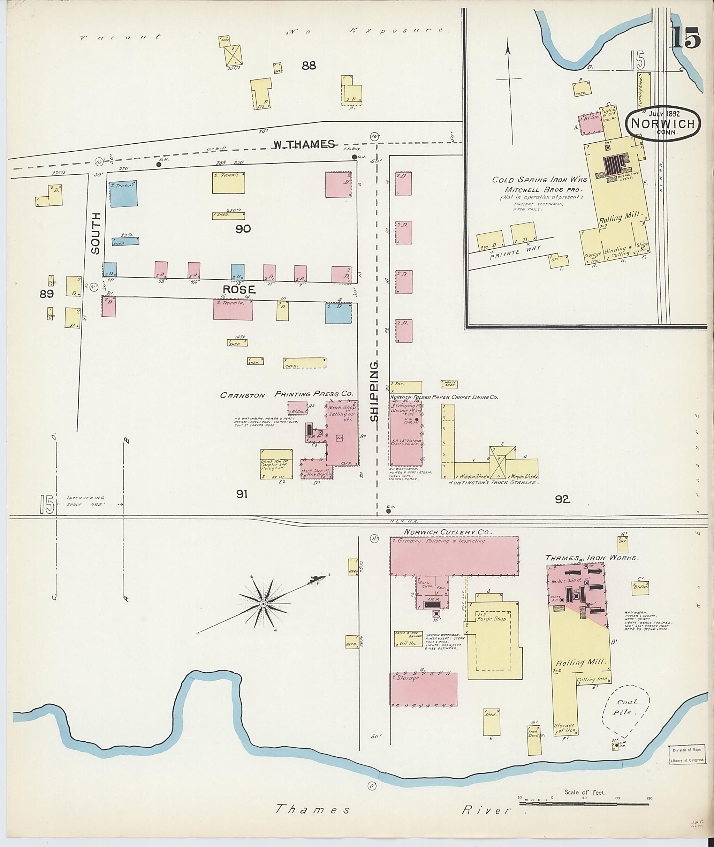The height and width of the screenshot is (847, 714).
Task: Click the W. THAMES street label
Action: point(304,144)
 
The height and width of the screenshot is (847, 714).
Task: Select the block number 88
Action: point(309,65)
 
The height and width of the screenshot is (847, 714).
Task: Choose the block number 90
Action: point(243,229)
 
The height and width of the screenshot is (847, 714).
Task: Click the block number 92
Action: point(562,500)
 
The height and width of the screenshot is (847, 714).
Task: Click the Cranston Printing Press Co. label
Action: point(287,394)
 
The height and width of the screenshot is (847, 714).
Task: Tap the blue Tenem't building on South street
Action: point(123,194)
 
